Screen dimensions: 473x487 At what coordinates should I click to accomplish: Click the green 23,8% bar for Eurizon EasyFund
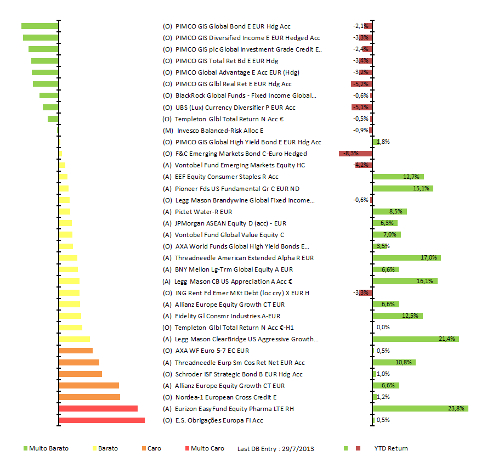click(420, 409)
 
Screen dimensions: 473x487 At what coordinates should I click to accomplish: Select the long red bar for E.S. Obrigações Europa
click(101, 420)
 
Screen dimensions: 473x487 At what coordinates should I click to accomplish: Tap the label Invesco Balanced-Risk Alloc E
click(220, 131)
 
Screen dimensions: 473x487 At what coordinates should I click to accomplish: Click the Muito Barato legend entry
click(49, 448)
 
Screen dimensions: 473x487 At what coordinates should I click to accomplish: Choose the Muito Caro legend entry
click(207, 448)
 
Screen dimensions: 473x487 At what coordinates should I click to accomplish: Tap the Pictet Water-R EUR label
click(203, 212)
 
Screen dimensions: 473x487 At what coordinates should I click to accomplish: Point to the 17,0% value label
click(429, 258)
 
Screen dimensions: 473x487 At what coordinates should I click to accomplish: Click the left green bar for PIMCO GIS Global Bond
click(39, 26)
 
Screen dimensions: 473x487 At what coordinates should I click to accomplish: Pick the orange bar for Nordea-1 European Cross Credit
click(89, 397)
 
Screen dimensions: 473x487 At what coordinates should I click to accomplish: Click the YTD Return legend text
click(391, 448)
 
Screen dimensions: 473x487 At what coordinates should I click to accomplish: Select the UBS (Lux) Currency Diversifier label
click(235, 108)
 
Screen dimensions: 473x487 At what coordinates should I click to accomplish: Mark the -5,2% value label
click(360, 84)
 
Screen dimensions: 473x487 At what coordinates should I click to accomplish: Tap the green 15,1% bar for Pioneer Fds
click(403, 189)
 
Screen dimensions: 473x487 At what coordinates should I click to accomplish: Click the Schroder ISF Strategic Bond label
click(239, 374)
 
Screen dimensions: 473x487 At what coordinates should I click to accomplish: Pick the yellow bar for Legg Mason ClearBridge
click(74, 339)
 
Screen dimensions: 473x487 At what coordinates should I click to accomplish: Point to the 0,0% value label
click(383, 328)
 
